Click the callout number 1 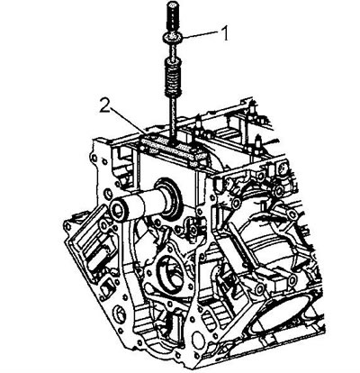[225, 33]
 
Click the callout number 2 [105, 105]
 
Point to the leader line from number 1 [201, 34]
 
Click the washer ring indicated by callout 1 [173, 38]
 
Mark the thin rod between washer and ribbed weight [173, 50]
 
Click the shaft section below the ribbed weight [173, 117]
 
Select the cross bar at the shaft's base [171, 146]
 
